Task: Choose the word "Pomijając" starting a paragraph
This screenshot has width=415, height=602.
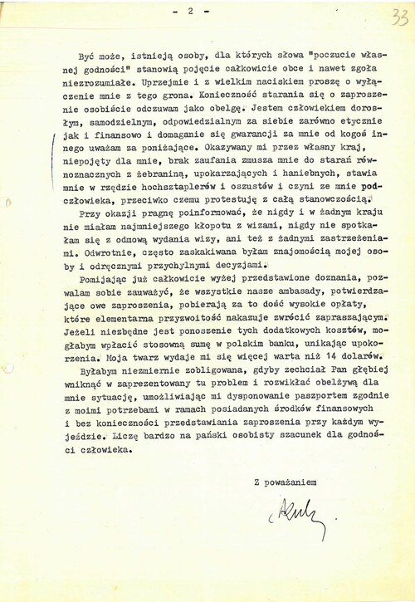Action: (119, 280)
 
